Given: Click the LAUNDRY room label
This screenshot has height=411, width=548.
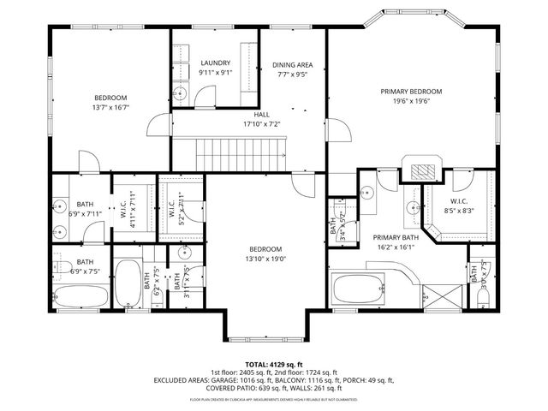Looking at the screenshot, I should tap(215, 63).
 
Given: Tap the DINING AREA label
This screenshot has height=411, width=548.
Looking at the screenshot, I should tap(291, 65).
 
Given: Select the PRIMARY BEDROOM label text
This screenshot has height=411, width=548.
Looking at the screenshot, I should tap(411, 91).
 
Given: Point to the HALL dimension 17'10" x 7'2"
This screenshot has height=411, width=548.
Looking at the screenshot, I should tap(262, 123).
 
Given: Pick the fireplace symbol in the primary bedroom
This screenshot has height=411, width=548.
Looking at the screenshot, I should tap(422, 169).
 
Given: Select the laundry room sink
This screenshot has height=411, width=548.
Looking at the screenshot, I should tap(181, 94).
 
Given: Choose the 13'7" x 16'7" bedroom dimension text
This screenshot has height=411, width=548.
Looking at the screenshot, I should tap(110, 107).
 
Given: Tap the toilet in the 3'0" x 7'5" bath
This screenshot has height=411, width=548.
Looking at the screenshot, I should tap(482, 293).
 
